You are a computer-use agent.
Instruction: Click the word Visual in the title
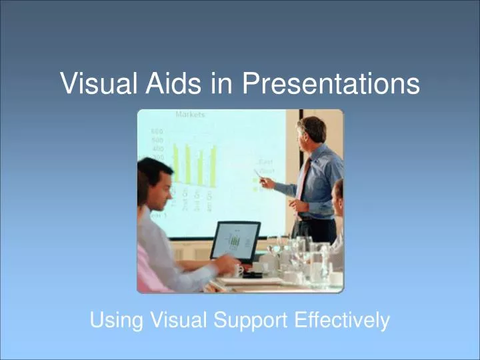(x=97, y=84)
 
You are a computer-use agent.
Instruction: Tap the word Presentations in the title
(x=331, y=84)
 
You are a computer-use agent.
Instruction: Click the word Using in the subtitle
(x=116, y=321)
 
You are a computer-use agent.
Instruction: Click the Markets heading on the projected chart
(x=190, y=115)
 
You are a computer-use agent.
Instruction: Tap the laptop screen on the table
(x=235, y=241)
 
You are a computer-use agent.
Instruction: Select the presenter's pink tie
(x=303, y=180)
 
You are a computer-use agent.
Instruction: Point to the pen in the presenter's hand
(x=258, y=175)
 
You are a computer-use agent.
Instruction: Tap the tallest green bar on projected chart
(x=175, y=164)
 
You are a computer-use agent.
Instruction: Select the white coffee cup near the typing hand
(x=237, y=271)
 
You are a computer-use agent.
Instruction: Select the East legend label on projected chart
(x=265, y=161)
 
